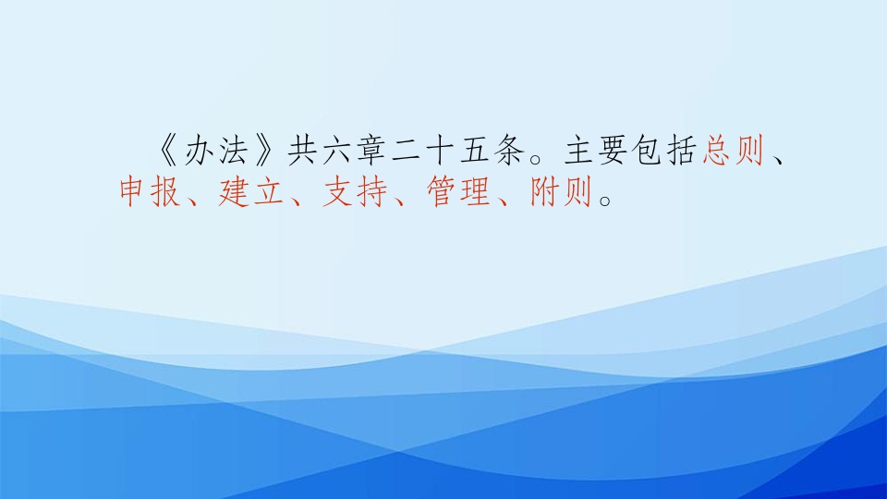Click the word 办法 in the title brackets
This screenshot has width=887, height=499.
coord(216,151)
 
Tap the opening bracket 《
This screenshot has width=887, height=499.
coord(167,151)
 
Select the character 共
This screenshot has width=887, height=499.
coord(302,151)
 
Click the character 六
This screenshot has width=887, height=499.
coord(336,151)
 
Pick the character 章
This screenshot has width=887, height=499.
coord(371,151)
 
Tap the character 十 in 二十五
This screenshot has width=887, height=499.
coord(440,151)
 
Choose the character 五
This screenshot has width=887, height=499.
coord(475,151)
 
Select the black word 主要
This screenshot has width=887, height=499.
coord(596,151)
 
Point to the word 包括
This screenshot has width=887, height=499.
coord(664,151)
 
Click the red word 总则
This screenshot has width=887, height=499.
coord(734,151)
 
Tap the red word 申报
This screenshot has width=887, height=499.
coord(150,192)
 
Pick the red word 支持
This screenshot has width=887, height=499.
coord(355,192)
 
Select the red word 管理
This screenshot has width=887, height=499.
coord(459,192)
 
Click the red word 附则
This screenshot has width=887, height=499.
coord(562,192)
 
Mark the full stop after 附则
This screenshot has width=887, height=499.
coord(605,200)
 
